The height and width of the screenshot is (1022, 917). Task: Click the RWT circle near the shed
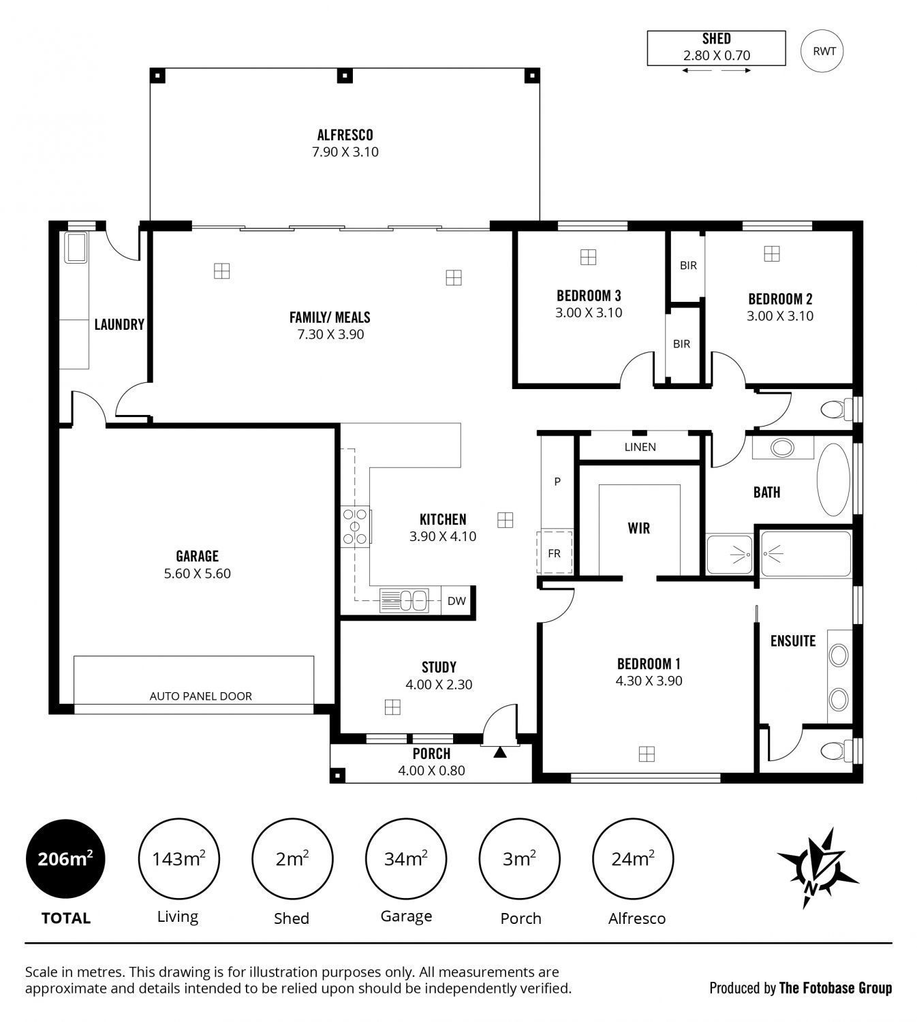[x=822, y=51]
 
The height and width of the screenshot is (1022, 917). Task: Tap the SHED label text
[x=716, y=39]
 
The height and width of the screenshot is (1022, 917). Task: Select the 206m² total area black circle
[x=65, y=858]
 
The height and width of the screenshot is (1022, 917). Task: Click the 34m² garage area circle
[x=406, y=858]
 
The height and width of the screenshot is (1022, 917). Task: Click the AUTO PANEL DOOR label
[x=201, y=696]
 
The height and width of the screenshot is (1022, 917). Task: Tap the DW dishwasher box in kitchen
[x=456, y=601]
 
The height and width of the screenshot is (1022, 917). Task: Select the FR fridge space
[x=555, y=553]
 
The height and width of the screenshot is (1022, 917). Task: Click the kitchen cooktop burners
[x=356, y=527]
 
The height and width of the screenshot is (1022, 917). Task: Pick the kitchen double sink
[x=404, y=601]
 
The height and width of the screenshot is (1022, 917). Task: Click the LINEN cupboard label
[x=640, y=447]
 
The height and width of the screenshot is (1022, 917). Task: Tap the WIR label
[x=639, y=528]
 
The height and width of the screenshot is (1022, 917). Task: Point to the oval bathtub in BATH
[x=834, y=480]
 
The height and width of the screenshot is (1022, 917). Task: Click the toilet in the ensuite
[x=837, y=751]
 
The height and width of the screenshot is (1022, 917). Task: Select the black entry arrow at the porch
[x=500, y=752]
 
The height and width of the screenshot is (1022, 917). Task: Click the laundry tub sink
[x=76, y=247]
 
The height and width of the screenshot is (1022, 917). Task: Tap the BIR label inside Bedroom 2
[x=688, y=265]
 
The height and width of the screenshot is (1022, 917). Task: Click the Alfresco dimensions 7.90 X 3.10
[x=345, y=152]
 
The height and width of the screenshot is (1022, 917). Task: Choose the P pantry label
[x=557, y=482]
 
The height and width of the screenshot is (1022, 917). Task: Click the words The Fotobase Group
[x=836, y=987]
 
